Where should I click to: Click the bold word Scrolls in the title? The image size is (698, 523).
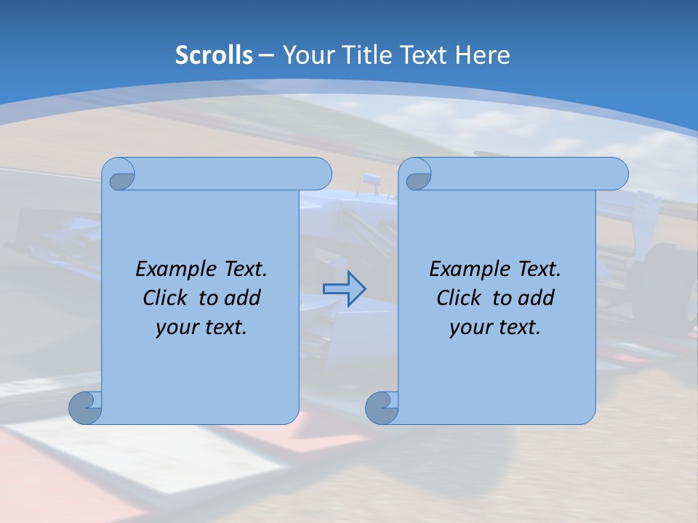click(214, 55)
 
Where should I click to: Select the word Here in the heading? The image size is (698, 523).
click(483, 55)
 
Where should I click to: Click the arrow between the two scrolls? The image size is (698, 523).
click(344, 288)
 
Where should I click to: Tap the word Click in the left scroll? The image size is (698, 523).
click(159, 298)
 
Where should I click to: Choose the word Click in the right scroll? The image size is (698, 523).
click(453, 298)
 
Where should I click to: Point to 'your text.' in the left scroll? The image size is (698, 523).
click(201, 327)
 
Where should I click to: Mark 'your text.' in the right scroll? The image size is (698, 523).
click(495, 327)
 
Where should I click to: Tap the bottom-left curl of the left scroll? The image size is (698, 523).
click(85, 408)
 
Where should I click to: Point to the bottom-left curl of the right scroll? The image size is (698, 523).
click(382, 408)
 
